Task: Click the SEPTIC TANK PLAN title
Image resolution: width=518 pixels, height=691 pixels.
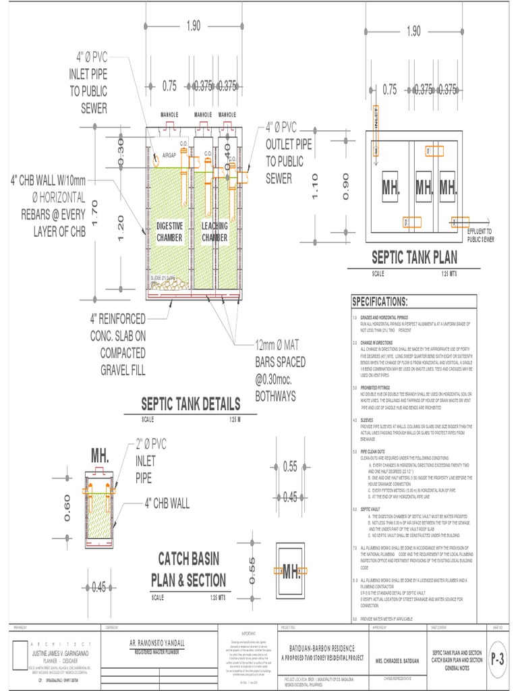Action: tap(414, 257)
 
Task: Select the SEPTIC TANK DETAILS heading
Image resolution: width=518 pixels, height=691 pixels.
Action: tap(190, 404)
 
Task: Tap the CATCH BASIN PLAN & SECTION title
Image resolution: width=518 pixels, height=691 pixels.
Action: tap(188, 570)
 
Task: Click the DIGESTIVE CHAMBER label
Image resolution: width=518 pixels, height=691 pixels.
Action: tap(169, 232)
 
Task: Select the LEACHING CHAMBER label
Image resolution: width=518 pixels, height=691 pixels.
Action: tap(214, 232)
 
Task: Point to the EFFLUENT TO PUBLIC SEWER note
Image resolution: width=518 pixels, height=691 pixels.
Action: tap(481, 235)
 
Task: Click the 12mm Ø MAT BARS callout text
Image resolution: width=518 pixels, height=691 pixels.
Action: tap(280, 370)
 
